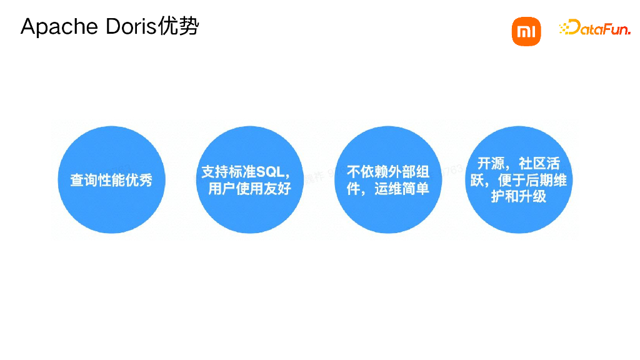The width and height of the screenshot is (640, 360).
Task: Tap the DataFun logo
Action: click(x=595, y=27)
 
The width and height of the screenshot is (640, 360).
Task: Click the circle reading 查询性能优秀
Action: click(x=111, y=180)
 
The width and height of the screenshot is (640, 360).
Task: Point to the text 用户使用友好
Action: click(x=249, y=188)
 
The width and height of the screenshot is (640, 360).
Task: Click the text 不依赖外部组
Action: click(x=388, y=171)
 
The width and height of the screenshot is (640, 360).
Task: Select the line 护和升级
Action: click(x=519, y=196)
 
